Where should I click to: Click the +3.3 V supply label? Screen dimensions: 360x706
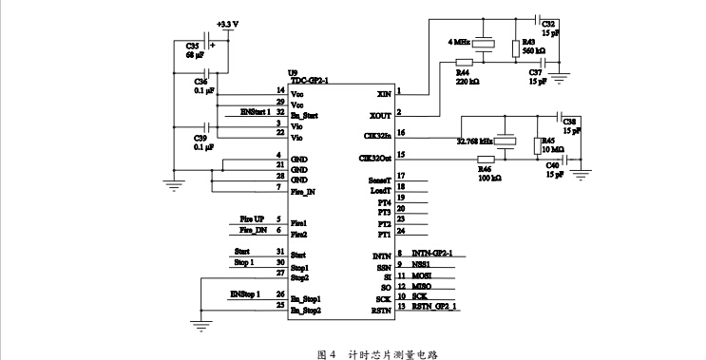pos(229,23)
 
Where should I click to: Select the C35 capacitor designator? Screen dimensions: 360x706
pos(194,45)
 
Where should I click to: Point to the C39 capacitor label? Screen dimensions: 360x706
pos(200,139)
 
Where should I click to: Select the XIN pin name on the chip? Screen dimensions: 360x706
pos(383,94)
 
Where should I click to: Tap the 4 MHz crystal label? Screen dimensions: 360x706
pos(460,42)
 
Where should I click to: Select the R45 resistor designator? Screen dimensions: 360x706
pos(547,141)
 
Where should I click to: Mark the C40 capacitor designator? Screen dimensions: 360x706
pos(552,165)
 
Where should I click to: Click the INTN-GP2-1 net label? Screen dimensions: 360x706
pos(432,254)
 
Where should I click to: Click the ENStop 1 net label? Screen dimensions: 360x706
pos(245,295)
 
